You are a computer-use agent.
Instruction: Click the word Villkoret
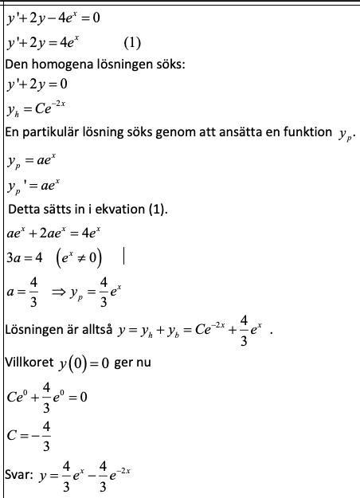[x=29, y=363]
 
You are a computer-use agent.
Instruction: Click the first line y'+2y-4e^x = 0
[x=53, y=17]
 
